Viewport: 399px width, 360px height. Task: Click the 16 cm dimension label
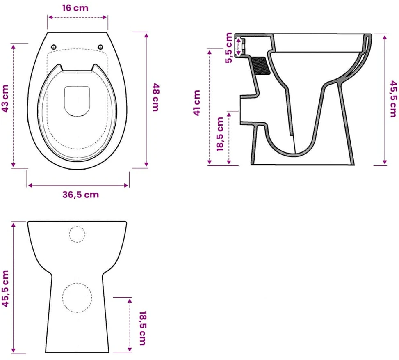click(75, 8)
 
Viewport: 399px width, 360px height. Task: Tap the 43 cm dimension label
click(5, 99)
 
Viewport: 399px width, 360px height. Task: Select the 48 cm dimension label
click(156, 97)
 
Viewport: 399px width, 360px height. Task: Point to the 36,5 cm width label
click(81, 195)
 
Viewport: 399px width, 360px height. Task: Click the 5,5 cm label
click(229, 48)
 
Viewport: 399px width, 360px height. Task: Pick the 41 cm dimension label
click(197, 103)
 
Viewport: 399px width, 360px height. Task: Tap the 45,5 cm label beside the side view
click(393, 99)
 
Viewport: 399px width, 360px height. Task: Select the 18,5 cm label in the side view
click(220, 134)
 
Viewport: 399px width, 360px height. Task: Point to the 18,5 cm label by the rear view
click(143, 328)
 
